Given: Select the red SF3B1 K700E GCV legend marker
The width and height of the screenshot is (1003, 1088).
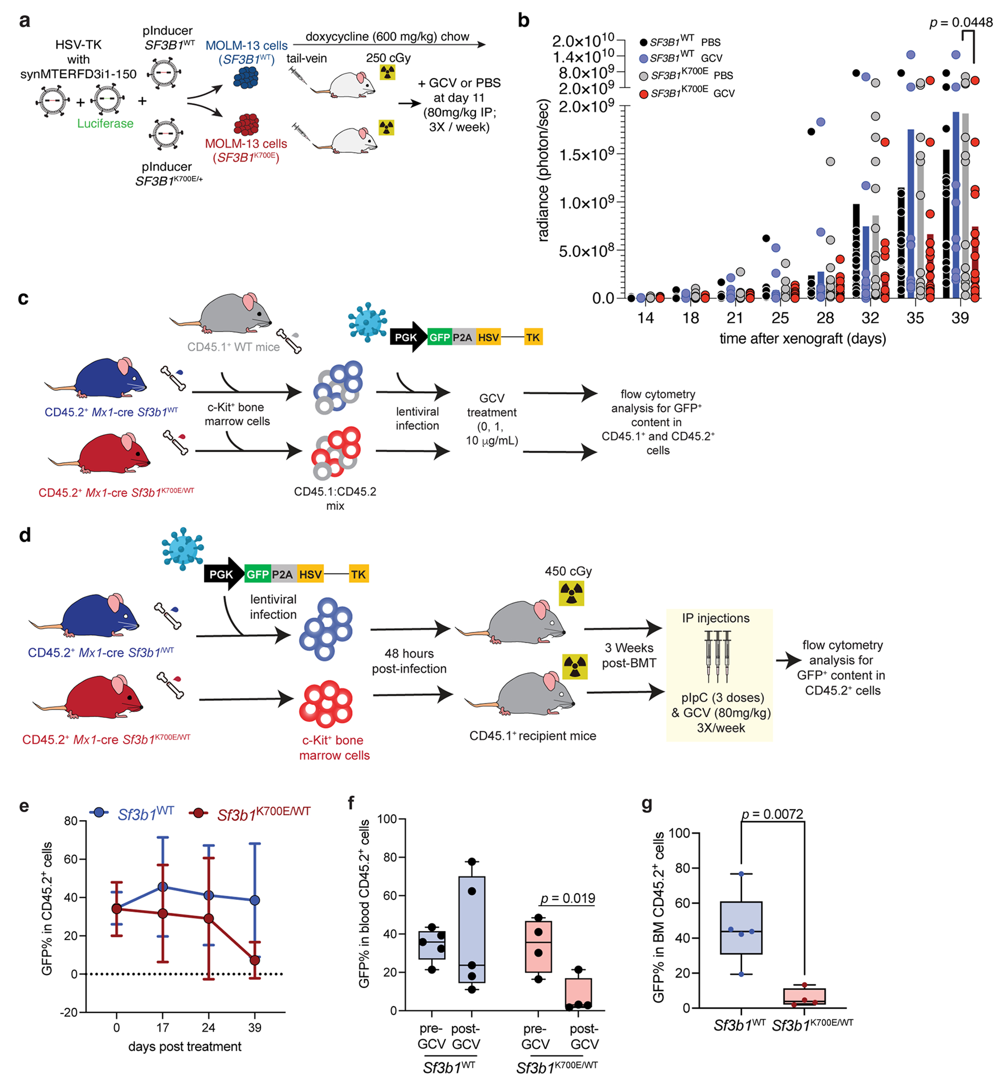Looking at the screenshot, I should pos(644,94).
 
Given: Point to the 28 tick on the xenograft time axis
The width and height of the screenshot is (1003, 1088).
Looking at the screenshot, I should pos(825,318).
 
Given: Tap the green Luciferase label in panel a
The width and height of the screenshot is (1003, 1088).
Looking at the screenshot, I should pos(105,124).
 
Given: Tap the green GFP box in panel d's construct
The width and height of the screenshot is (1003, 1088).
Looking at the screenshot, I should pos(257,575).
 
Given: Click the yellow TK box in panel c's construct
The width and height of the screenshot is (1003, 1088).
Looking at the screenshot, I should pos(533,338).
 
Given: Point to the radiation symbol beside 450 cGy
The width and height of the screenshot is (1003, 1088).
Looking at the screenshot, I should pos(572,593).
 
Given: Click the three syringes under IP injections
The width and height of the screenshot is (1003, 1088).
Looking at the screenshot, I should pos(718,656).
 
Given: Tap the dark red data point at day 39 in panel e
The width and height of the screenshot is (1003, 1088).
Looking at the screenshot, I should pos(255,961).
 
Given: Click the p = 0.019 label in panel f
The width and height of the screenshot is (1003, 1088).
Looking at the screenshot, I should pos(568,898).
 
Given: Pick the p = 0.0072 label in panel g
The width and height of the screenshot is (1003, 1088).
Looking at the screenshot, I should pos(773,814).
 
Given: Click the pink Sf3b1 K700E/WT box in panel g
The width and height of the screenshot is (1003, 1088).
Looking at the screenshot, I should pos(804,996).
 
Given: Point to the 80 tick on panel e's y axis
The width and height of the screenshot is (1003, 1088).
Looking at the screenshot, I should pos(70,821).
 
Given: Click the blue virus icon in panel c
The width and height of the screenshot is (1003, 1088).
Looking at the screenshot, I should pos(368,322).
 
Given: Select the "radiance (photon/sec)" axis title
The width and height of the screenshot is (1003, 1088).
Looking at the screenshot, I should pos(543,169).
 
